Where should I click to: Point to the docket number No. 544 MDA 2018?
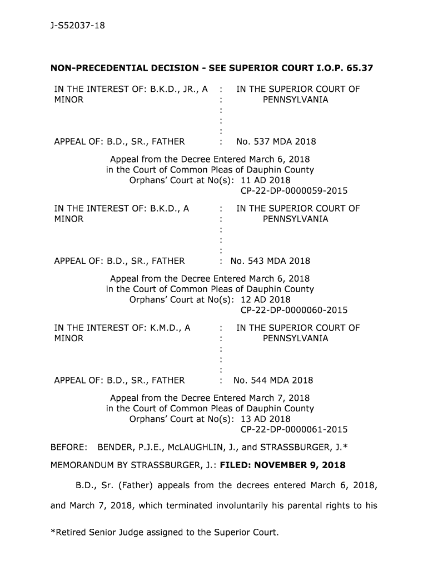(273, 380)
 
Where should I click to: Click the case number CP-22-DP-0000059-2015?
(294, 191)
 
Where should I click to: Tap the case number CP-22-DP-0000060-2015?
(294, 310)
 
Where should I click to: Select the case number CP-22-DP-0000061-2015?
(294, 429)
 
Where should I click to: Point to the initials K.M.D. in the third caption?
(166, 328)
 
